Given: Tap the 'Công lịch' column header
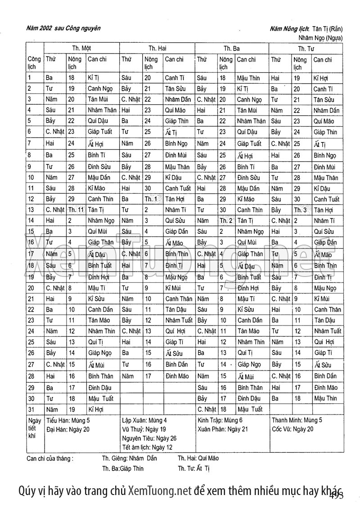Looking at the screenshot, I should [34, 62].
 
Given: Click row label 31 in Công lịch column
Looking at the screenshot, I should [31, 410].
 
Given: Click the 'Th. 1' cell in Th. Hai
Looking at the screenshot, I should [151, 199].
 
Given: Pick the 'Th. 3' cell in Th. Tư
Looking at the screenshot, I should [300, 210].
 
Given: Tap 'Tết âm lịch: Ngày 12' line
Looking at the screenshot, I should [147, 447].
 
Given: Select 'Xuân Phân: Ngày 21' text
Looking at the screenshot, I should [223, 429].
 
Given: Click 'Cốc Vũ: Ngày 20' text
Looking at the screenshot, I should [292, 429].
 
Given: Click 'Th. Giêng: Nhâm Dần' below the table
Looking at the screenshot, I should [129, 459].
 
